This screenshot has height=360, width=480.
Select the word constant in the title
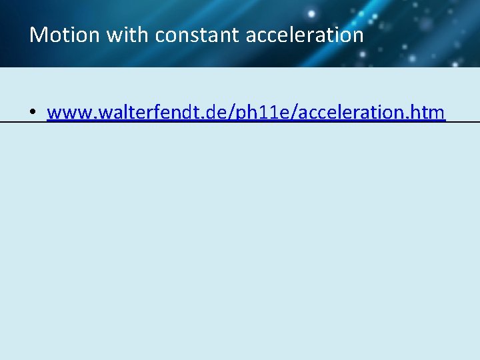coord(197,35)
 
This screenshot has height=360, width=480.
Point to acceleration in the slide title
coord(305,35)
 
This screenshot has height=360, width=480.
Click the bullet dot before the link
coord(32,113)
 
